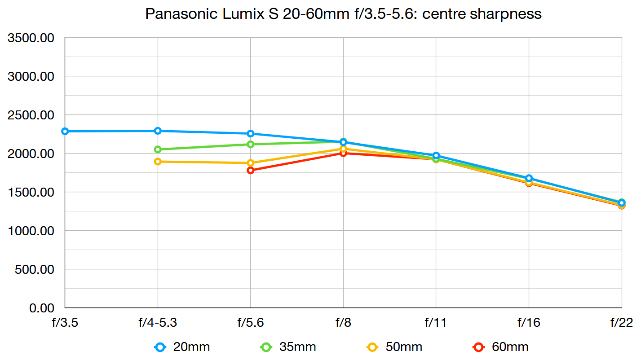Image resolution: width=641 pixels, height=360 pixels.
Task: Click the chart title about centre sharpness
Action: coord(343,14)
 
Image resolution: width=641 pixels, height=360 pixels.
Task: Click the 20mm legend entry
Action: coord(182,347)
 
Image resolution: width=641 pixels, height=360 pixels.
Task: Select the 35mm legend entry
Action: coord(289,347)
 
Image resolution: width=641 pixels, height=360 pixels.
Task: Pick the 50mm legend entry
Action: coord(395,347)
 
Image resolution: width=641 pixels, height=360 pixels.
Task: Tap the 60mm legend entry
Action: coord(501,347)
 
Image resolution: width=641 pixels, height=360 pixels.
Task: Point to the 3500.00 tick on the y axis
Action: coord(31,38)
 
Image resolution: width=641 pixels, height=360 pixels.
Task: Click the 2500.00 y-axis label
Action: coord(31,115)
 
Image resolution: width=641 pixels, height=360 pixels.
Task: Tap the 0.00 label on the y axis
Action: coord(41,308)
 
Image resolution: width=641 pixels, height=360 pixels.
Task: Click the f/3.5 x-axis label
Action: coord(65,322)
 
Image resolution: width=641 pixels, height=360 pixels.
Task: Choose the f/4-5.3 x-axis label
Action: coord(158,322)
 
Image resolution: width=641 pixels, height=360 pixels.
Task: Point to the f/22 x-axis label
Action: coord(621,322)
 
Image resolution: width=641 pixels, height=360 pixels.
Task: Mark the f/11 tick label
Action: coord(436,322)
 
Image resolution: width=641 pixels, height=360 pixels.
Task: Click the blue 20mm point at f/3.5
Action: coord(65,132)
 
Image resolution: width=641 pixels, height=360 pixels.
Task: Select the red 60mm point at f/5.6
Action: coord(251,170)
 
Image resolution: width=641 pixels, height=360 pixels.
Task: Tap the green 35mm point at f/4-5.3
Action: coord(158,149)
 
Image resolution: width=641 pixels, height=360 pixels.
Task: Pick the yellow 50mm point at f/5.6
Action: coord(251,163)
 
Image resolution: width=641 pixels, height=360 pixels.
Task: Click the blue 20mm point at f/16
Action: coord(529,178)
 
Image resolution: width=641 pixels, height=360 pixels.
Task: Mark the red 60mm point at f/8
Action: coord(343,153)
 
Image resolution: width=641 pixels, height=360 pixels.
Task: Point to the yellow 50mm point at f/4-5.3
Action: coord(158,162)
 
